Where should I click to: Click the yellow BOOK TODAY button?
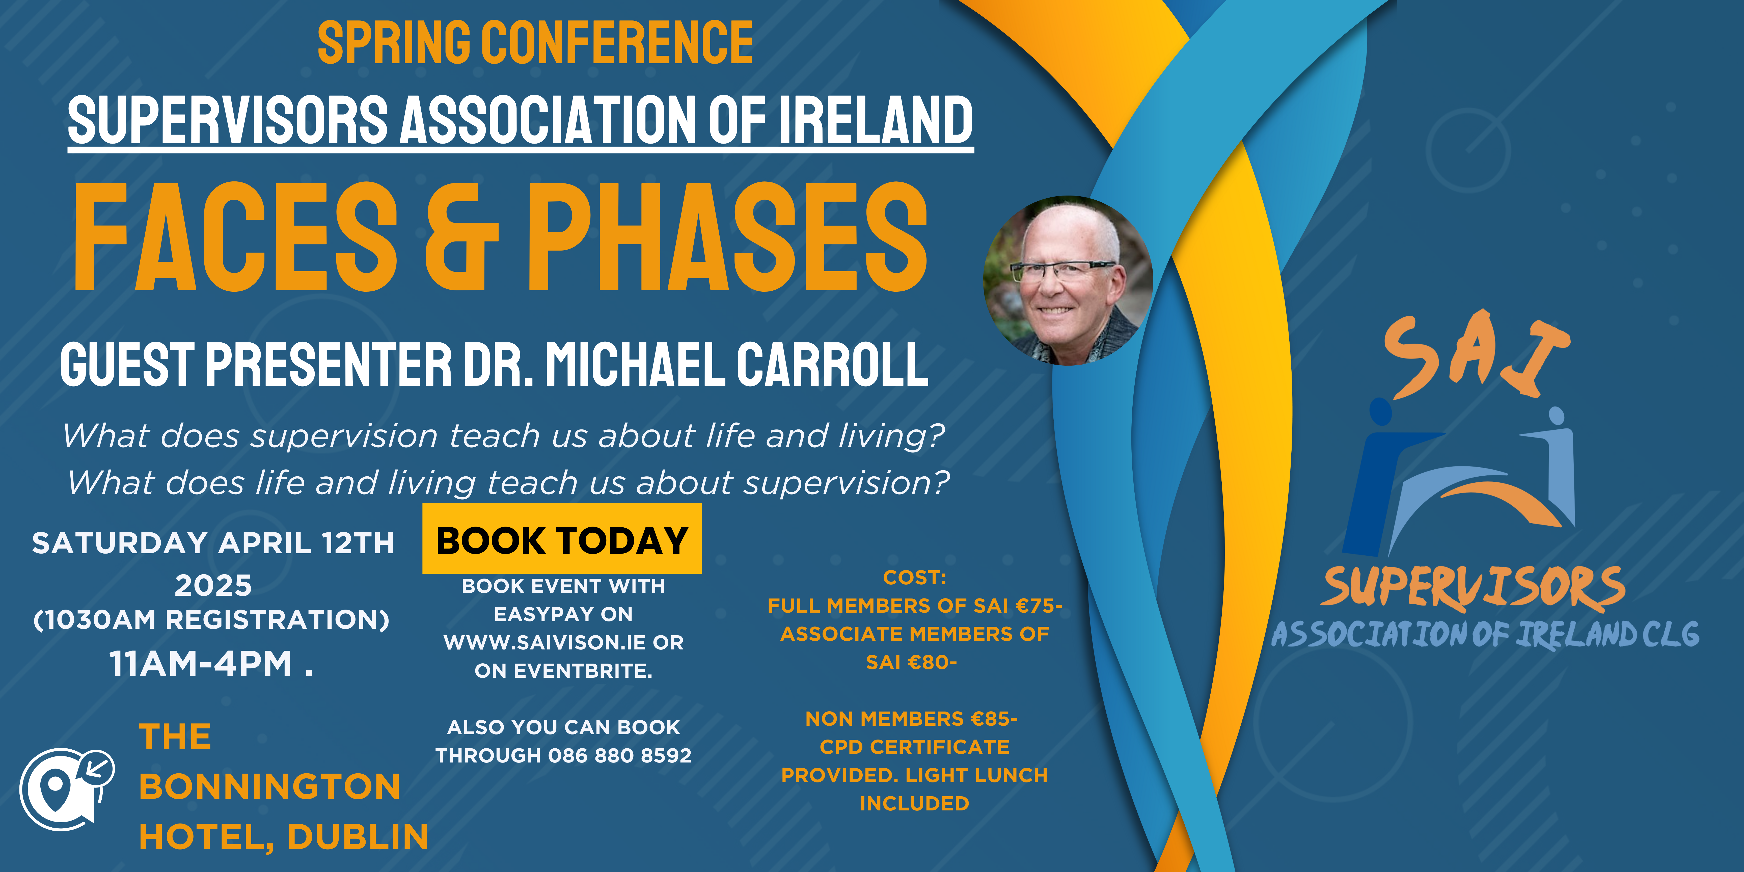[562, 539]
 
